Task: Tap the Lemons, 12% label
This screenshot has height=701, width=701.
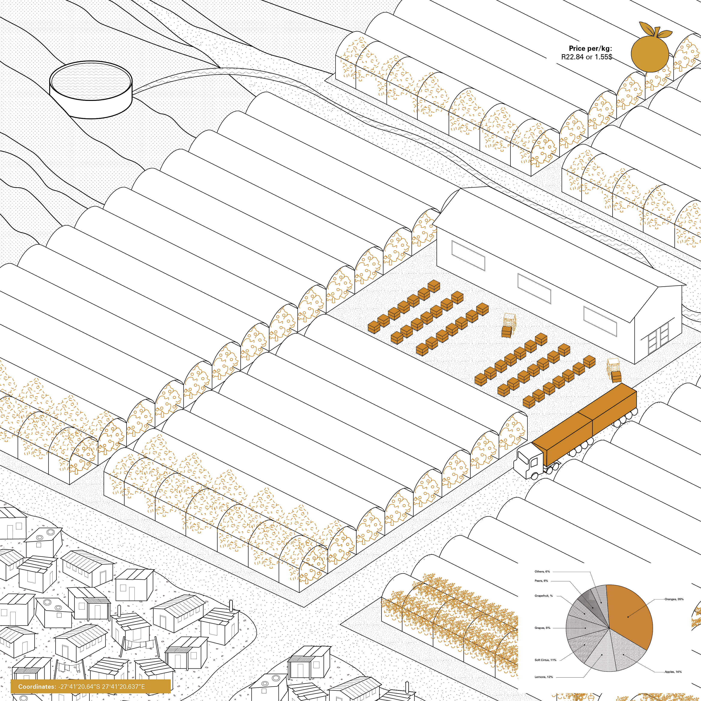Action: point(544,677)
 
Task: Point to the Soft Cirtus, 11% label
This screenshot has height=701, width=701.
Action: point(545,660)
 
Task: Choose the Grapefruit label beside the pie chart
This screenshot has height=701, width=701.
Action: point(543,596)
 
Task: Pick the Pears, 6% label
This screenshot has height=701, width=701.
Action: point(541,581)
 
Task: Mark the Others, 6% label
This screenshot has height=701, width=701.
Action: point(542,571)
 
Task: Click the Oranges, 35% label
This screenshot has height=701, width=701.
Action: point(674,599)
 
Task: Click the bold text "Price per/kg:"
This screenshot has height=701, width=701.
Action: point(590,48)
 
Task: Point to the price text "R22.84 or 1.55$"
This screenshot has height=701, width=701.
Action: point(586,57)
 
